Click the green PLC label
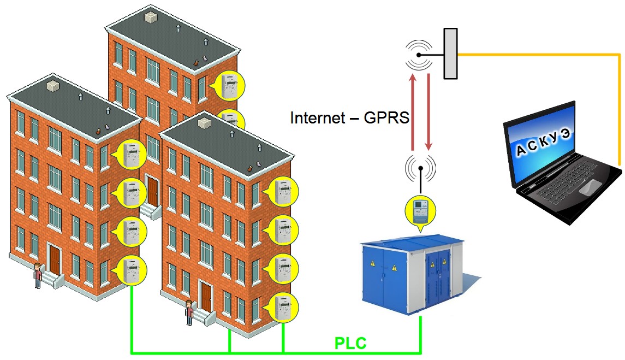tap(350, 343)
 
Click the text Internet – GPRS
tap(349, 118)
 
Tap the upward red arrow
tap(413, 112)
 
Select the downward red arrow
tap(428, 112)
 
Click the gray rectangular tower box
tap(450, 54)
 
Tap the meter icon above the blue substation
tap(420, 211)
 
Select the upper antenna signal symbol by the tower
tap(419, 55)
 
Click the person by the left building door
tap(38, 275)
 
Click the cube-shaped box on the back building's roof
tap(150, 17)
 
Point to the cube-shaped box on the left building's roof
tap(53, 86)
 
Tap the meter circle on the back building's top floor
tap(230, 85)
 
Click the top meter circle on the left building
tap(131, 155)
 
